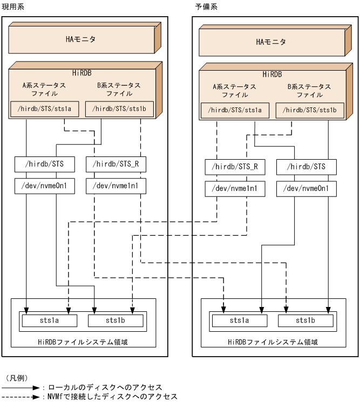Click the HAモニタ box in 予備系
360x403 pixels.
[x=271, y=42]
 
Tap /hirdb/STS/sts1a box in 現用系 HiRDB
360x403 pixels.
[x=45, y=108]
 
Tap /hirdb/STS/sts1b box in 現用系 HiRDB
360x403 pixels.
[x=119, y=108]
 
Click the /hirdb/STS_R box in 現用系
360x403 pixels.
[x=116, y=163]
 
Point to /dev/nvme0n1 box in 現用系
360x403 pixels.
[x=45, y=186]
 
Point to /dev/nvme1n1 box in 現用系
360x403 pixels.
[x=116, y=186]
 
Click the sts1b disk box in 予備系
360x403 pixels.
[x=305, y=321]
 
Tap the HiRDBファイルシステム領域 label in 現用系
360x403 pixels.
[x=83, y=341]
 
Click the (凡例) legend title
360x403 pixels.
[x=17, y=378]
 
